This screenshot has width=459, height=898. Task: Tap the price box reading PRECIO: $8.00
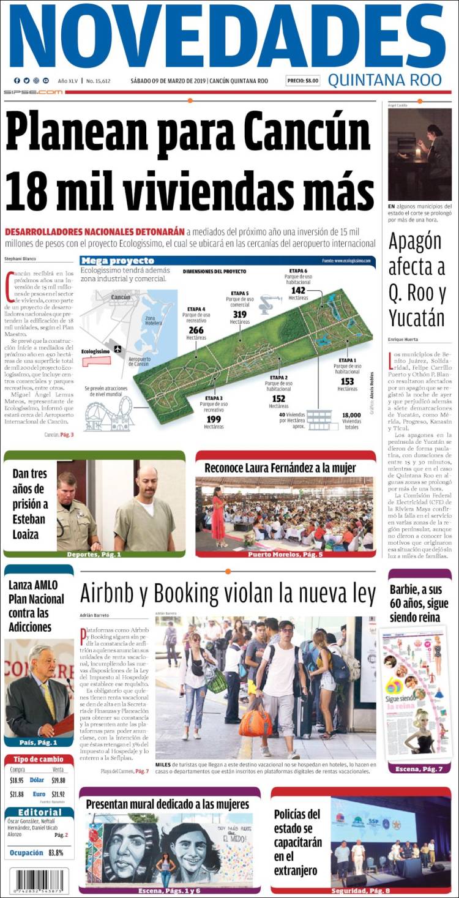(303, 81)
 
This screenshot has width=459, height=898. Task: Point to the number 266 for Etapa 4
(196, 331)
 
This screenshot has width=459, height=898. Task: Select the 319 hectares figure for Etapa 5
(239, 315)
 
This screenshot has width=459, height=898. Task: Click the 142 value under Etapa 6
(298, 290)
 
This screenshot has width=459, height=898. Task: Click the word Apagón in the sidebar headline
(414, 242)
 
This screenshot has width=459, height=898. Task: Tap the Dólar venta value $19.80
(58, 780)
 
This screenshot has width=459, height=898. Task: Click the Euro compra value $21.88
(17, 794)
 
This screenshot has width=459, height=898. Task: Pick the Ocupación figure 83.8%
(56, 853)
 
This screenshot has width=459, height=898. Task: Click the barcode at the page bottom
(39, 880)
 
